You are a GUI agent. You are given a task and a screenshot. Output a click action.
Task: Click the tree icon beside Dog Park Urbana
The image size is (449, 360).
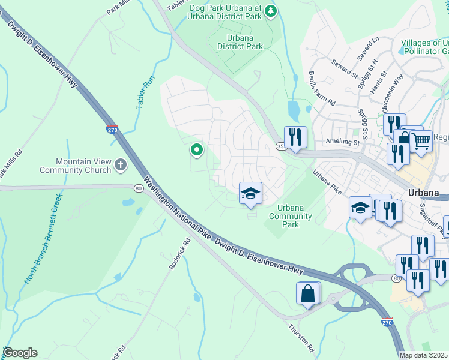coord(271,10)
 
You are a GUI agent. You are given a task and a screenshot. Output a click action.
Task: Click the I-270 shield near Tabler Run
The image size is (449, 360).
coord(112,129)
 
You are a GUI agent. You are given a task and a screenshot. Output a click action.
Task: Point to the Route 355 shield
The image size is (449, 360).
coord(280,146)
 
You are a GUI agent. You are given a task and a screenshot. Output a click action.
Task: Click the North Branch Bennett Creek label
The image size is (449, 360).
coord(43,239)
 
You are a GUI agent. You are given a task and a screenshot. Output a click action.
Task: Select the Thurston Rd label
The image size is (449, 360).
coord(301,338)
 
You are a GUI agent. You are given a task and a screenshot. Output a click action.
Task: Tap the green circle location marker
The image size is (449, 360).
coord(196,149)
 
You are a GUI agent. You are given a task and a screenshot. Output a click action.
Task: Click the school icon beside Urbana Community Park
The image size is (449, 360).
coord(250,193)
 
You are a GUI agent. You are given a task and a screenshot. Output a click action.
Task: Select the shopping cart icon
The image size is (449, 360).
coord(421,142)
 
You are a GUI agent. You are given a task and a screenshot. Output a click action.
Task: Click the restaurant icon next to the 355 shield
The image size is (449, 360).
coord(295,137)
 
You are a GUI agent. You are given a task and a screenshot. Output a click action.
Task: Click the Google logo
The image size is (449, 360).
coord(19,353)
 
